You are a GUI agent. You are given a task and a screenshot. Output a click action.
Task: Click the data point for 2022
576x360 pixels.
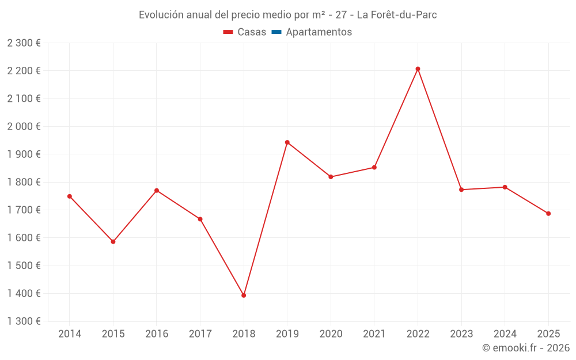pos(418,69)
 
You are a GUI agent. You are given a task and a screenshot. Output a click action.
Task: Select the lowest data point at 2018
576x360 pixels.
pos(244,295)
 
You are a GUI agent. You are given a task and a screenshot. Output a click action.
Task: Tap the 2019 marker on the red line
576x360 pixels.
pos(287,142)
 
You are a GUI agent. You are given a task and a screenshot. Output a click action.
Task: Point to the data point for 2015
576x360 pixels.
pos(113,242)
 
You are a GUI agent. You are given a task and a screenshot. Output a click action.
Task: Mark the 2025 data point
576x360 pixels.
pos(548,214)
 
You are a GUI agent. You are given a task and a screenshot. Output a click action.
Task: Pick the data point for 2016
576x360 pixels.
pos(157,191)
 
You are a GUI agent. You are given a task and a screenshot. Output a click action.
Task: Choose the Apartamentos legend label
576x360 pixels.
pos(319,32)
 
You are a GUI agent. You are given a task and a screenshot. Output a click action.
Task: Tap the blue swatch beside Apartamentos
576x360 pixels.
pos(276,32)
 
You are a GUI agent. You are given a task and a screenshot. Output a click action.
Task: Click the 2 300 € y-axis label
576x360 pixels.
pos(24,43)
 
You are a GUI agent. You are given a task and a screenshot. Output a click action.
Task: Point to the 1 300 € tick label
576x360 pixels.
pos(24,321)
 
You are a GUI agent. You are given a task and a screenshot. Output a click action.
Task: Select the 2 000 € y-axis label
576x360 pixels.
pos(24,126)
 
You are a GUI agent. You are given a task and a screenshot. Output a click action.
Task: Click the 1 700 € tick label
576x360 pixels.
pos(24,210)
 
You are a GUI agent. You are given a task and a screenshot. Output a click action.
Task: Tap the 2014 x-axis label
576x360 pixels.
pos(70,334)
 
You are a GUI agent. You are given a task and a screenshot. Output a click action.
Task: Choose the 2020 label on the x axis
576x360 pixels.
pos(331,334)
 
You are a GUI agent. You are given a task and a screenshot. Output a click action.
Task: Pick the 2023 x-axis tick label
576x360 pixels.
pos(461,334)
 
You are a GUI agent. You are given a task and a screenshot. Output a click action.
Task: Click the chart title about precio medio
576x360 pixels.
pos(288,15)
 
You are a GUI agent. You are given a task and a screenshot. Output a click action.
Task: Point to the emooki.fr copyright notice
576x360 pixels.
pos(526,348)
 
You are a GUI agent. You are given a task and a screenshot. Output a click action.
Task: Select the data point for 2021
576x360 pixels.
pos(374,168)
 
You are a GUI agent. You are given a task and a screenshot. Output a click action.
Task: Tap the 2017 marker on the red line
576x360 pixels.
pos(200,219)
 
